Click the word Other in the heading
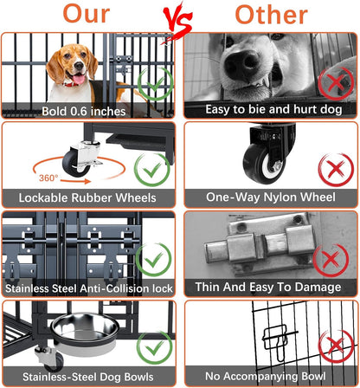(271, 15)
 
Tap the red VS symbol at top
(180, 17)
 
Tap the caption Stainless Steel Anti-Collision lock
(90, 288)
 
